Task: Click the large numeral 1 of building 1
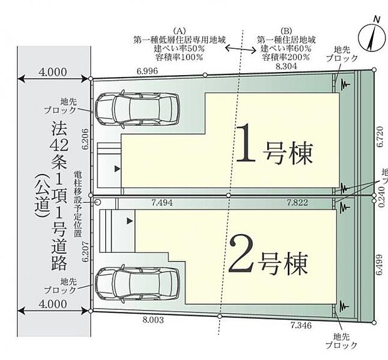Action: (247, 144)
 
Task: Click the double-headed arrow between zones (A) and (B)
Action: (218, 47)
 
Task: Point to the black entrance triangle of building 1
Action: (115, 169)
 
